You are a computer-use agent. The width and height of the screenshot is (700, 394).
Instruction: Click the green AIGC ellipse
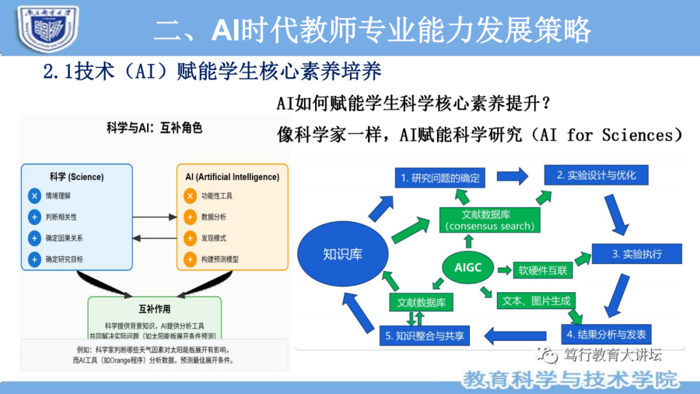pyautogui.click(x=468, y=267)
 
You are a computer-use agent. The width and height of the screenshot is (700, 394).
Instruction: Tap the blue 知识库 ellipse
pyautogui.click(x=343, y=253)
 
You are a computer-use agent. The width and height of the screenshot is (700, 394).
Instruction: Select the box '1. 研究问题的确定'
pyautogui.click(x=441, y=177)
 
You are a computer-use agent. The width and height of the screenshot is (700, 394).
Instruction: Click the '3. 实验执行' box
pyautogui.click(x=636, y=253)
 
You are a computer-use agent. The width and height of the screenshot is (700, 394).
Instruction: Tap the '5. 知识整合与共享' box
pyautogui.click(x=424, y=336)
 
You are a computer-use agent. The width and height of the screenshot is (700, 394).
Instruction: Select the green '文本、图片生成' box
pyautogui.click(x=535, y=301)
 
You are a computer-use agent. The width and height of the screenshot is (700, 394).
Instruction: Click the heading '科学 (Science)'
pyautogui.click(x=76, y=176)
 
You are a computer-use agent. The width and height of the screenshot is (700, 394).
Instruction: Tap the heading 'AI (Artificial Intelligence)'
pyautogui.click(x=232, y=176)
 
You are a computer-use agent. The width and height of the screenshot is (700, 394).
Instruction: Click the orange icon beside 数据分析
pyautogui.click(x=190, y=217)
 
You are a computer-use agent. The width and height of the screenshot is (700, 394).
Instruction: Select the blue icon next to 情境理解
pyautogui.click(x=34, y=196)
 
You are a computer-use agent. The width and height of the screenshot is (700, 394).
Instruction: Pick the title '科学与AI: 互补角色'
pyautogui.click(x=154, y=128)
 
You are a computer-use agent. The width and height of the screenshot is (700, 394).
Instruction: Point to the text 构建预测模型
pyautogui.click(x=220, y=260)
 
